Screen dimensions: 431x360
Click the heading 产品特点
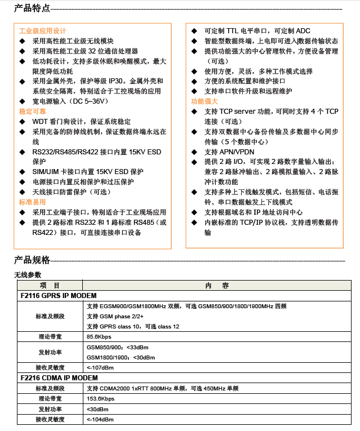pos(32,8)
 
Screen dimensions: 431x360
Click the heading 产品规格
pos(32,260)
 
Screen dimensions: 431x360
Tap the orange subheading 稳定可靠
pos(33,112)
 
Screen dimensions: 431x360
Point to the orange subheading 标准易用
pos(33,202)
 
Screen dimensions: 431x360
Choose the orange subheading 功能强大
pos(205,101)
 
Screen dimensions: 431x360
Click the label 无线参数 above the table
pos(28,274)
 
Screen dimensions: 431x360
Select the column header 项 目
pos(50,286)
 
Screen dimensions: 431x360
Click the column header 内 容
pos(217,286)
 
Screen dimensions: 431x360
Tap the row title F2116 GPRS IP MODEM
pos(59,296)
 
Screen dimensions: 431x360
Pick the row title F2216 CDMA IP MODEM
pos(59,378)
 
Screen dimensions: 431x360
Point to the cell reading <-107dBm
pos(100,367)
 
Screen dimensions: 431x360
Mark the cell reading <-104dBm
pos(100,419)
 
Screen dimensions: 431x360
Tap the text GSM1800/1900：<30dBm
pos(121,357)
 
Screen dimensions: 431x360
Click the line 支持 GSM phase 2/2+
pos(115,316)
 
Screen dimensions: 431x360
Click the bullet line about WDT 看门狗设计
pos(82,122)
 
